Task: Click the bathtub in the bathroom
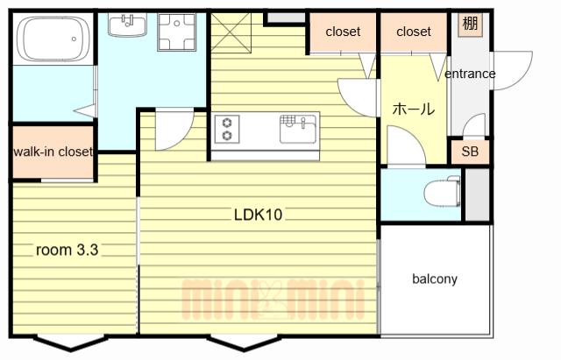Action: [x=53, y=39]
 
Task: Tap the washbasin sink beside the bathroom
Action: [x=127, y=25]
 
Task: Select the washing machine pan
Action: [x=177, y=32]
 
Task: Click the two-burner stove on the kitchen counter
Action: [x=227, y=130]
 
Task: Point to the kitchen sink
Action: [x=298, y=129]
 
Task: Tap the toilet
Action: [x=442, y=191]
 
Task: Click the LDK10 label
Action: [x=258, y=215]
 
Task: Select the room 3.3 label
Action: [x=67, y=250]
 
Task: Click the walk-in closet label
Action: [x=53, y=152]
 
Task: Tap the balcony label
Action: [x=435, y=279]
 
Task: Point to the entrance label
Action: [x=470, y=74]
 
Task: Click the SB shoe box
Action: [x=470, y=152]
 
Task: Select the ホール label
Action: [x=414, y=109]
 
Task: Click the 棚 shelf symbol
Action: [x=470, y=24]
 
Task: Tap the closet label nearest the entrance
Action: [x=414, y=32]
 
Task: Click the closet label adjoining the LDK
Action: [x=343, y=32]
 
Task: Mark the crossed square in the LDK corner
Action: [x=231, y=33]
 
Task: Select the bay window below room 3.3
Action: [x=71, y=342]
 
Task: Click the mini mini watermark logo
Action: [x=273, y=300]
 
